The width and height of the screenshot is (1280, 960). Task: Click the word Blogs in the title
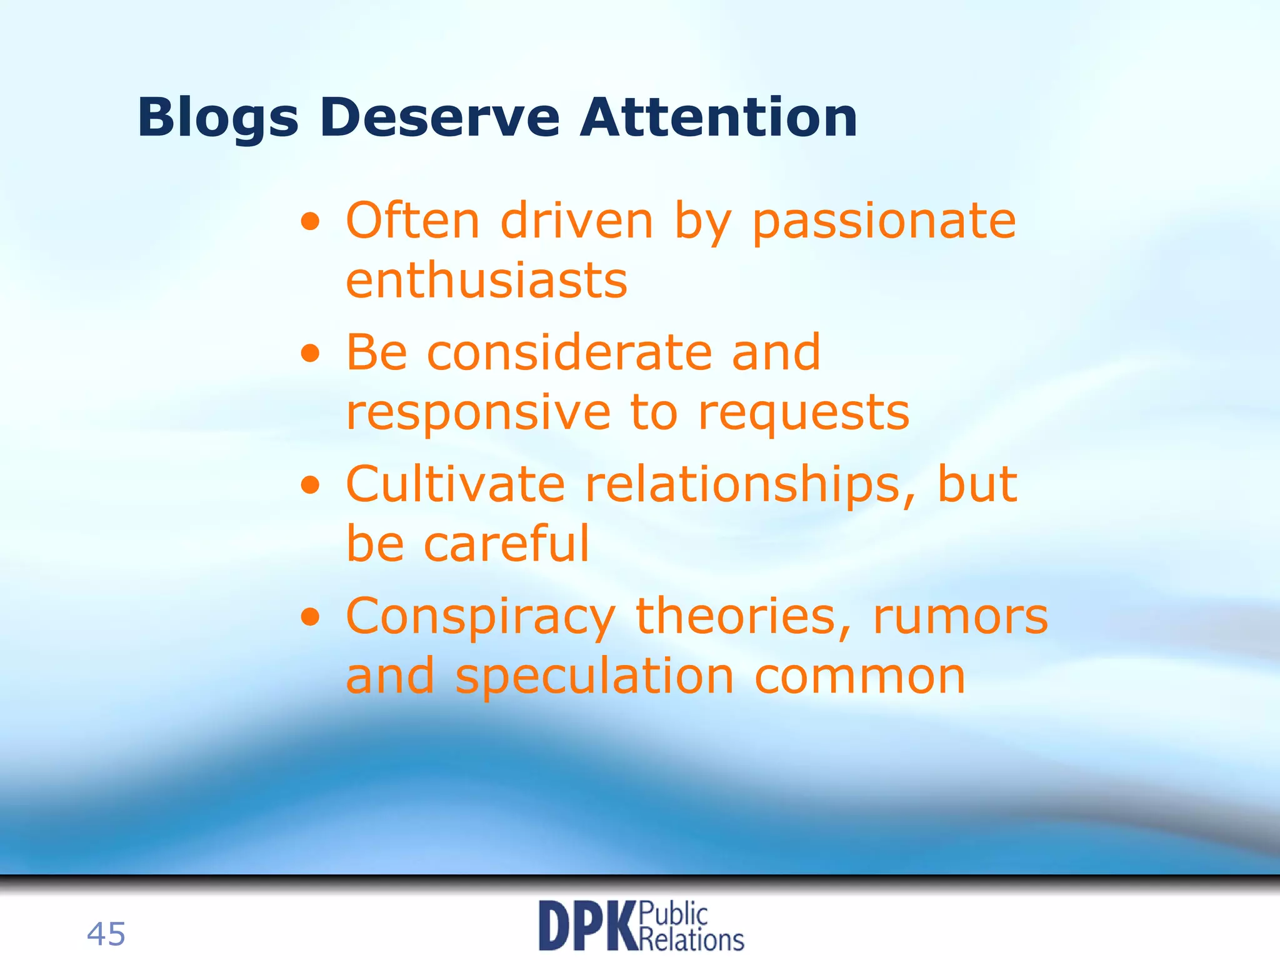point(217,118)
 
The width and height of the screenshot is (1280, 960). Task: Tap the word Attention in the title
point(719,118)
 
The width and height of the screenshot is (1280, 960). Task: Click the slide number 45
point(106,934)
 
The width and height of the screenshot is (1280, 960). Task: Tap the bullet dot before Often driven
point(311,222)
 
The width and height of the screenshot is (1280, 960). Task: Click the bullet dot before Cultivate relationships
point(311,486)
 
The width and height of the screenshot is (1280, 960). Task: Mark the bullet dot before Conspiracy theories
point(311,617)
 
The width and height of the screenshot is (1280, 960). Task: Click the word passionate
point(884,222)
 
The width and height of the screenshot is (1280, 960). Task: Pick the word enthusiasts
point(486,281)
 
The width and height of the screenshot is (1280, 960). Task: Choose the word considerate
point(569,353)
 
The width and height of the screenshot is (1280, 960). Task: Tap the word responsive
point(478,413)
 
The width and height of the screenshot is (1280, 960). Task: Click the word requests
point(804,414)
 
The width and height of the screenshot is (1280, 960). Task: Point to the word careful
point(506,544)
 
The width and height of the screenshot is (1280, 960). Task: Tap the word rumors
point(960,617)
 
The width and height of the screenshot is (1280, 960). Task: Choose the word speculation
point(594,677)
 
